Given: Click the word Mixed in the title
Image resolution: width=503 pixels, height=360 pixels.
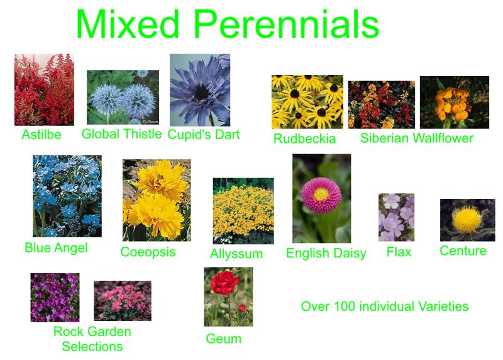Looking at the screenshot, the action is pos(128,24).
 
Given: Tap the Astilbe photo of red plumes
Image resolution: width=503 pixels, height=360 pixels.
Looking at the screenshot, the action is pos(44,89).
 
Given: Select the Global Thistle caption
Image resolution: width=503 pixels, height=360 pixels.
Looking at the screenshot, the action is pos(121,134).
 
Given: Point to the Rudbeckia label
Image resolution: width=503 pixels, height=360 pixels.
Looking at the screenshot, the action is pos(304,138).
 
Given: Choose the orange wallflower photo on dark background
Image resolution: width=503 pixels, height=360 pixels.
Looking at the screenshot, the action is pos(455,103).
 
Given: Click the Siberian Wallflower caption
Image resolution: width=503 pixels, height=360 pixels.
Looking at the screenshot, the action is pos(417,138).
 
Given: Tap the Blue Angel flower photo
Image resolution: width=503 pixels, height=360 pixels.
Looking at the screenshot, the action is pos(67,196).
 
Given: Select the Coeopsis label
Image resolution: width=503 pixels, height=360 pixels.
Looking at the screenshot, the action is pos(148,252).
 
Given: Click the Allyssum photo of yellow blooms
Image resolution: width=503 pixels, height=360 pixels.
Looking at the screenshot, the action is pos(243,211).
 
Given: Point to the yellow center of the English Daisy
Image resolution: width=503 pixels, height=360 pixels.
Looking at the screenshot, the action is pos(321,194).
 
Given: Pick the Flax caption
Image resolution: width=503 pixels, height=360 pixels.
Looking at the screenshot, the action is pos(399,252).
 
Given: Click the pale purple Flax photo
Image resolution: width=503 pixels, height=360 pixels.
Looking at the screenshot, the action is pos(397,217).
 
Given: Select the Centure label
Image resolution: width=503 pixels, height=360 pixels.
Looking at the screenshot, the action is pos(463,251).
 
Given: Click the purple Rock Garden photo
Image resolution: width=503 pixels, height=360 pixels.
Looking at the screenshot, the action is pos(55,298).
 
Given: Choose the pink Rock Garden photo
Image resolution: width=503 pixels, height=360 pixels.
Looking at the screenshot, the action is pos(123,301).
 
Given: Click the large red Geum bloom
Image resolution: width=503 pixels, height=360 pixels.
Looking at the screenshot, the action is pos(225,283).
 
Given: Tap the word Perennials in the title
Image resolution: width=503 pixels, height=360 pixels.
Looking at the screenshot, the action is pos(287,24).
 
